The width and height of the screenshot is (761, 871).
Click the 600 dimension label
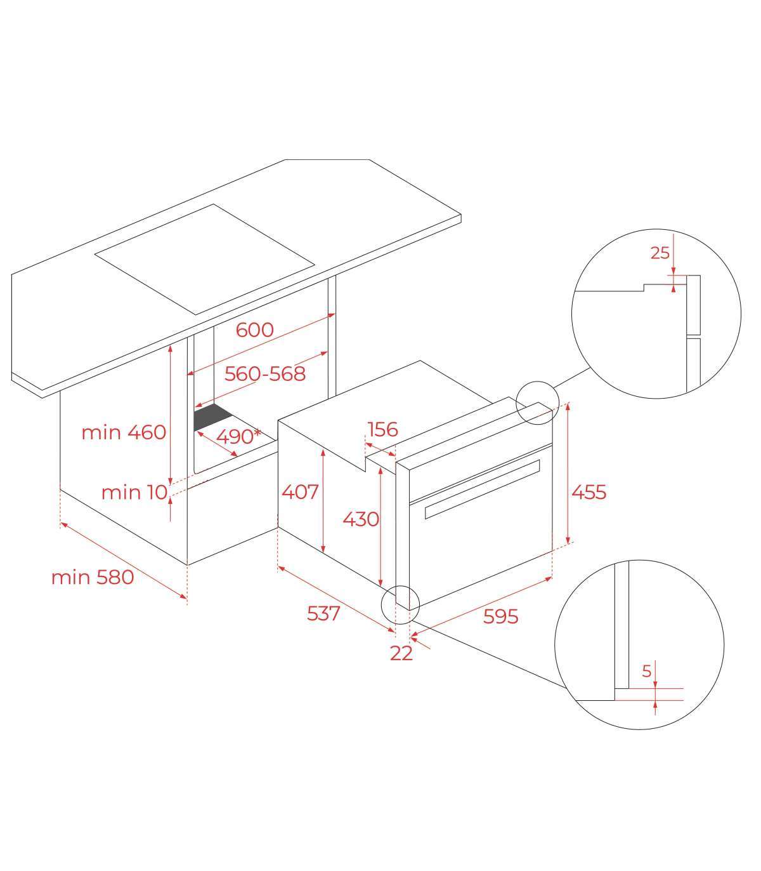point(254,330)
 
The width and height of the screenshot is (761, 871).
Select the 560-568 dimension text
point(265,374)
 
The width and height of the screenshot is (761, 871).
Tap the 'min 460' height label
point(123,432)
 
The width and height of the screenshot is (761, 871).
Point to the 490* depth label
point(238,436)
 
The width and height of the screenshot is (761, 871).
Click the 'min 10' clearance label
point(134,493)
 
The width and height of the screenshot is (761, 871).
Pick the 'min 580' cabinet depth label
point(92,578)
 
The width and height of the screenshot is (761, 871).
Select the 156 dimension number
point(382,430)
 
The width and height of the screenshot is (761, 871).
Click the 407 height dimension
point(300,492)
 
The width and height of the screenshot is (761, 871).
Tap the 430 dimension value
point(361,519)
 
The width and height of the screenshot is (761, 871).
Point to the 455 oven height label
point(589,492)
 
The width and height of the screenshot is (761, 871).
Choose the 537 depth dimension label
point(323,613)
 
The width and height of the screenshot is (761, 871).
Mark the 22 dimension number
point(401,653)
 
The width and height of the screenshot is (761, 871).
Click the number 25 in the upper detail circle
point(660,253)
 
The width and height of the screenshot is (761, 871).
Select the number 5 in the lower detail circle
point(646,671)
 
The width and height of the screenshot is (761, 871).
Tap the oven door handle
point(482,489)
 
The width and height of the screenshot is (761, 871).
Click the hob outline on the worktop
point(204,259)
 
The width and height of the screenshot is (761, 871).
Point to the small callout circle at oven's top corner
point(537,402)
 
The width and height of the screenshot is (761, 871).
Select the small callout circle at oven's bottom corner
point(401,604)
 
